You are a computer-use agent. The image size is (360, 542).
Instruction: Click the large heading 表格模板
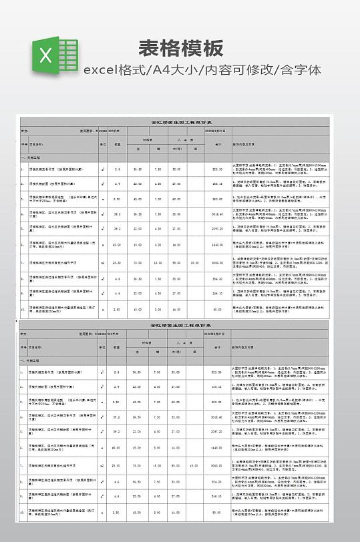point(180,48)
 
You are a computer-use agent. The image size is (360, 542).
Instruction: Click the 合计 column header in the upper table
point(217,144)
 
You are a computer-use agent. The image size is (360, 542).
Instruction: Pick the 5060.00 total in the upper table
point(217,262)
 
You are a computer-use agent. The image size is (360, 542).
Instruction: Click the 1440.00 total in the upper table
point(217,245)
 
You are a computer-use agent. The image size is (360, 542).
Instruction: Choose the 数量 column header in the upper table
point(117,144)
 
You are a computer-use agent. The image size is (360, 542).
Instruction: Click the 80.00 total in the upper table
point(217,309)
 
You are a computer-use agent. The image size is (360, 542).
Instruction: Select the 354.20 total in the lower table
point(217,479)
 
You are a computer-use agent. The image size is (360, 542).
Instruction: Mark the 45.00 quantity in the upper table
point(117,245)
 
